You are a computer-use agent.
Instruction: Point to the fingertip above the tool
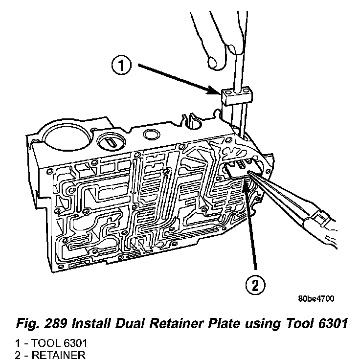pyautogui.click(x=214, y=61)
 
